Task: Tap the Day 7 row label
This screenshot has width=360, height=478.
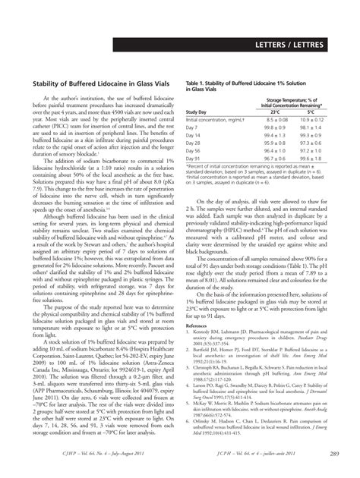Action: click(194, 128)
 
